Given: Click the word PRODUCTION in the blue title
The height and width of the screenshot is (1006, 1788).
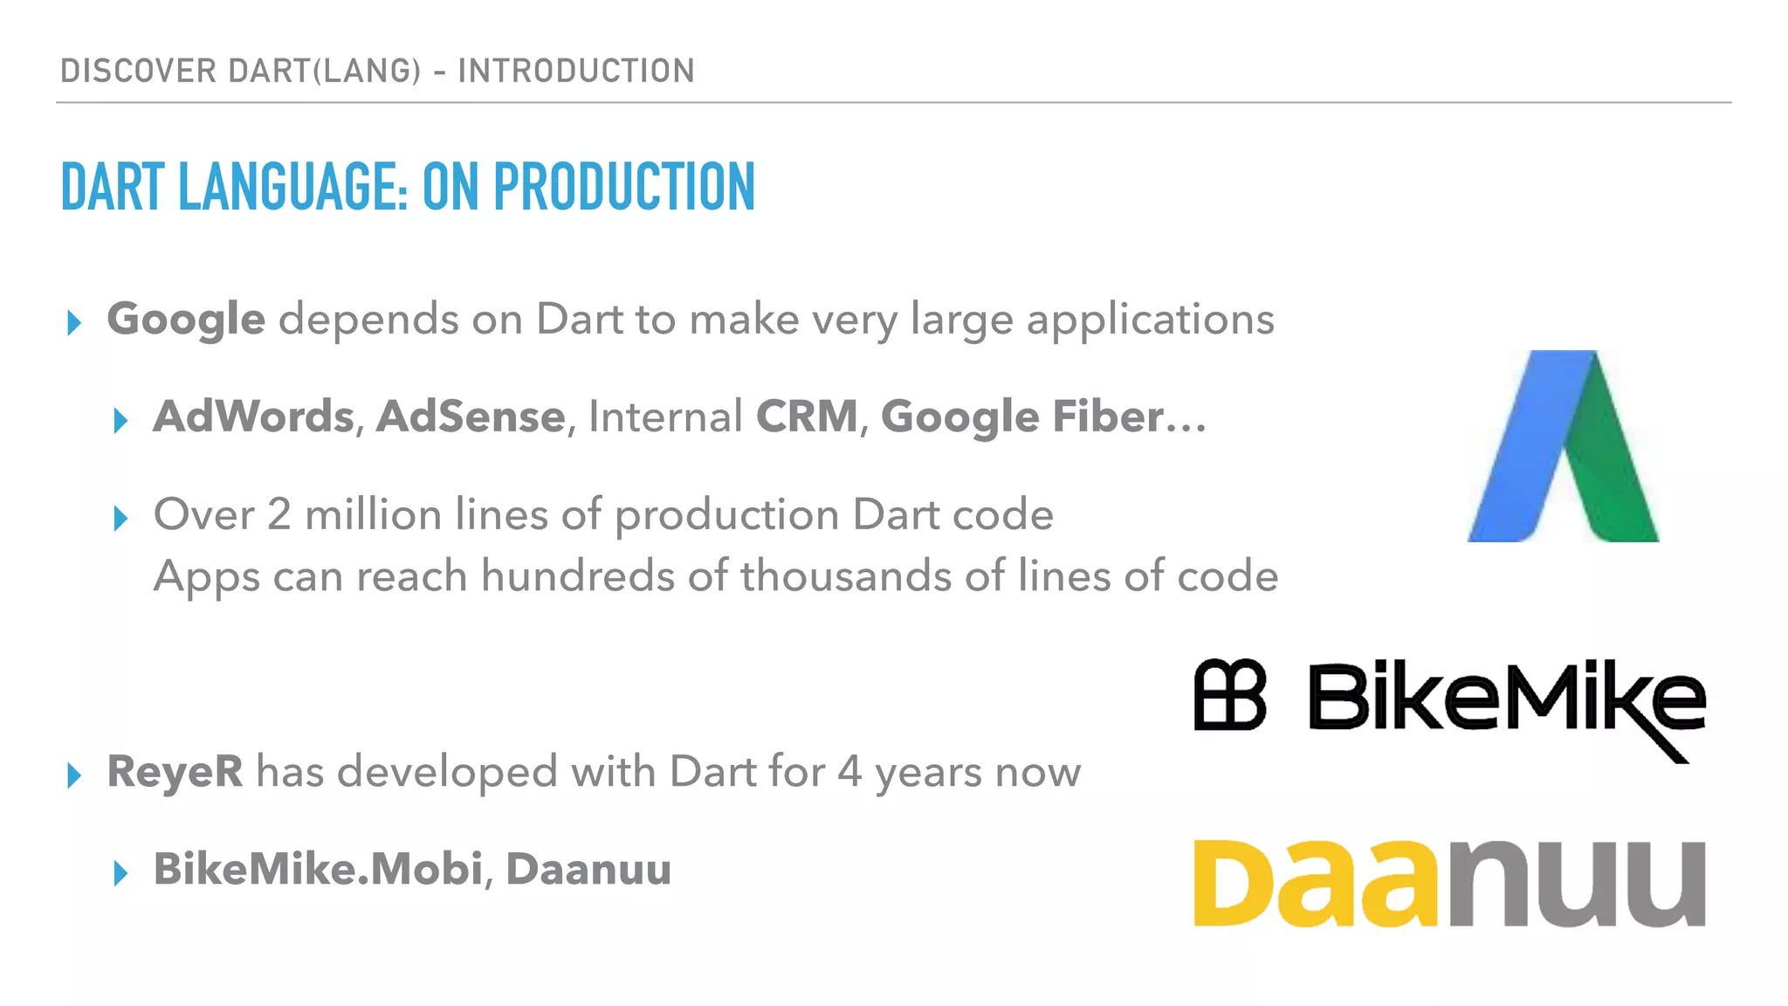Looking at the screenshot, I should (623, 187).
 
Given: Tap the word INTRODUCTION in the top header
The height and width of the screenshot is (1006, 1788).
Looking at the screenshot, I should (576, 71).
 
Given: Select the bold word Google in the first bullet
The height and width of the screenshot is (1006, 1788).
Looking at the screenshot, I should (186, 319).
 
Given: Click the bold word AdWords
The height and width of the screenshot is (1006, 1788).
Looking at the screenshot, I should (254, 417).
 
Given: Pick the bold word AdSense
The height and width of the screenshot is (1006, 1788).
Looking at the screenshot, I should (471, 417).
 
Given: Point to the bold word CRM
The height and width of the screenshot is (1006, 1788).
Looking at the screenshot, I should (807, 417).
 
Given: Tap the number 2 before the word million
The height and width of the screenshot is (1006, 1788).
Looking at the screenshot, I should (279, 514).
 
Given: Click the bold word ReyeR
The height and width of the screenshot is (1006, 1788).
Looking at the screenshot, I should (175, 771).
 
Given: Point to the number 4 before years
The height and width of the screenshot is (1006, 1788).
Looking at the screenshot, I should (849, 771).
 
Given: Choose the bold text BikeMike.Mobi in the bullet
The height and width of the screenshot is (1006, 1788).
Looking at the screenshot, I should (318, 869).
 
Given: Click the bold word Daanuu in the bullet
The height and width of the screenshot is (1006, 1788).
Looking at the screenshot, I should (588, 869).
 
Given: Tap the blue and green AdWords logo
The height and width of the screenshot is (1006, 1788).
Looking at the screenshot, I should (1563, 446).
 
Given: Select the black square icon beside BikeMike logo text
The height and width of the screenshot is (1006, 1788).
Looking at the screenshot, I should (1229, 695).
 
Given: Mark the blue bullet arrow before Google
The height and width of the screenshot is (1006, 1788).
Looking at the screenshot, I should (74, 323).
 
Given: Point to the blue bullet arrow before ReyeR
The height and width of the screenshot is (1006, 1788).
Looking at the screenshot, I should (74, 775).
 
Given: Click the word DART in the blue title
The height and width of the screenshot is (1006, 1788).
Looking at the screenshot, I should (113, 187).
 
